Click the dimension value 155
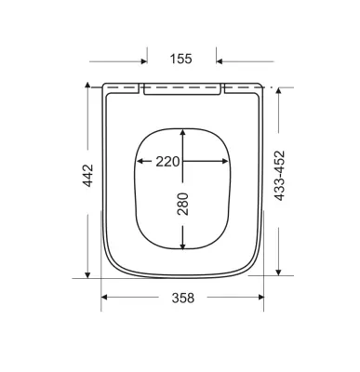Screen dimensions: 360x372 (181, 59)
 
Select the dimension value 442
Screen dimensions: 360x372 (87, 176)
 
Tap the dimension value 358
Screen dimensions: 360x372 (183, 298)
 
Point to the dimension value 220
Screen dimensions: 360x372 (167, 162)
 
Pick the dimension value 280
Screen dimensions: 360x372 (182, 204)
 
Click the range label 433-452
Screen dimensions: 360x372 (279, 176)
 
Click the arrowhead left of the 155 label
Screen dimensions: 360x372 (144, 61)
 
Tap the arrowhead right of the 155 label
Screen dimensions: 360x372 (220, 61)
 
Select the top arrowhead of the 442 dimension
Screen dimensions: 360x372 (87, 86)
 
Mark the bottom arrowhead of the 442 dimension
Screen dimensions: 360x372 (87, 274)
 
